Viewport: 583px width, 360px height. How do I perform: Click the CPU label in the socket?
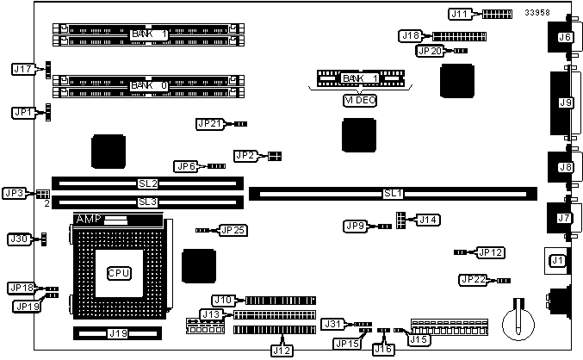point(118,273)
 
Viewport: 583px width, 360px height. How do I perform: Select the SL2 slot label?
point(148,183)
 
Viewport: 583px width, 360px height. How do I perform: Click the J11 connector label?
point(461,14)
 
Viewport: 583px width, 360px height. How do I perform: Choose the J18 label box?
point(411,35)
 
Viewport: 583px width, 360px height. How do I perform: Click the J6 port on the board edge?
point(564,37)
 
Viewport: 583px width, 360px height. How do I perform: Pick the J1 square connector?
point(557,259)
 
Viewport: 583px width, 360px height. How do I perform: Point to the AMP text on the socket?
point(89,220)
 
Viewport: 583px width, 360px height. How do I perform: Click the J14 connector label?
point(428,220)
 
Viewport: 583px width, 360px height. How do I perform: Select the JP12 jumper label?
point(490,252)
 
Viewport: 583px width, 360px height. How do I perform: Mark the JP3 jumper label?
point(16,193)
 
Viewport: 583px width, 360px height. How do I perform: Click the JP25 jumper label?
point(233,230)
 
